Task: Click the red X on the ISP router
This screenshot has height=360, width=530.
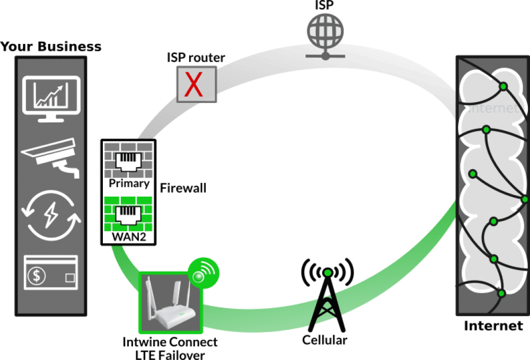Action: (x=196, y=85)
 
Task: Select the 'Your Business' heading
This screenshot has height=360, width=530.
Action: (x=51, y=47)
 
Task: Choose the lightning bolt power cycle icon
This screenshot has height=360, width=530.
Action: (x=50, y=216)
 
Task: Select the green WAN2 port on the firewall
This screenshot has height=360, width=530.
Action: (x=128, y=214)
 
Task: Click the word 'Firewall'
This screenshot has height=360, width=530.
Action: (x=183, y=188)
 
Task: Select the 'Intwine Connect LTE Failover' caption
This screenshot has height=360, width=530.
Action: (x=171, y=347)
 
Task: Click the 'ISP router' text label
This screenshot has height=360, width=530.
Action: (x=196, y=57)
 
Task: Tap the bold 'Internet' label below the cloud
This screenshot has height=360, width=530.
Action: (x=493, y=326)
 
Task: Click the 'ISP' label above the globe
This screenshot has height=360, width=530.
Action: (x=325, y=6)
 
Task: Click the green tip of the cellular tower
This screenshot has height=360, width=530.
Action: (x=328, y=273)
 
